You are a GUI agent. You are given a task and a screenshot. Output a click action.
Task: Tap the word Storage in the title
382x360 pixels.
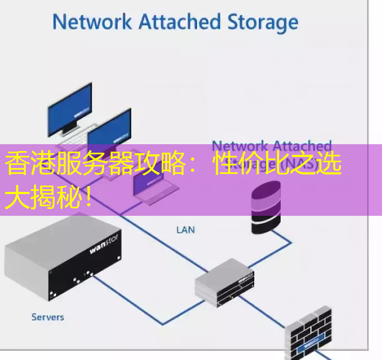click(263, 23)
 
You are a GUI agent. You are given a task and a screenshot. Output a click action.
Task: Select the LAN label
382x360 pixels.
click(185, 230)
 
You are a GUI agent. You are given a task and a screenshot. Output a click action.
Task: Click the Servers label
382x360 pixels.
click(48, 317)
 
